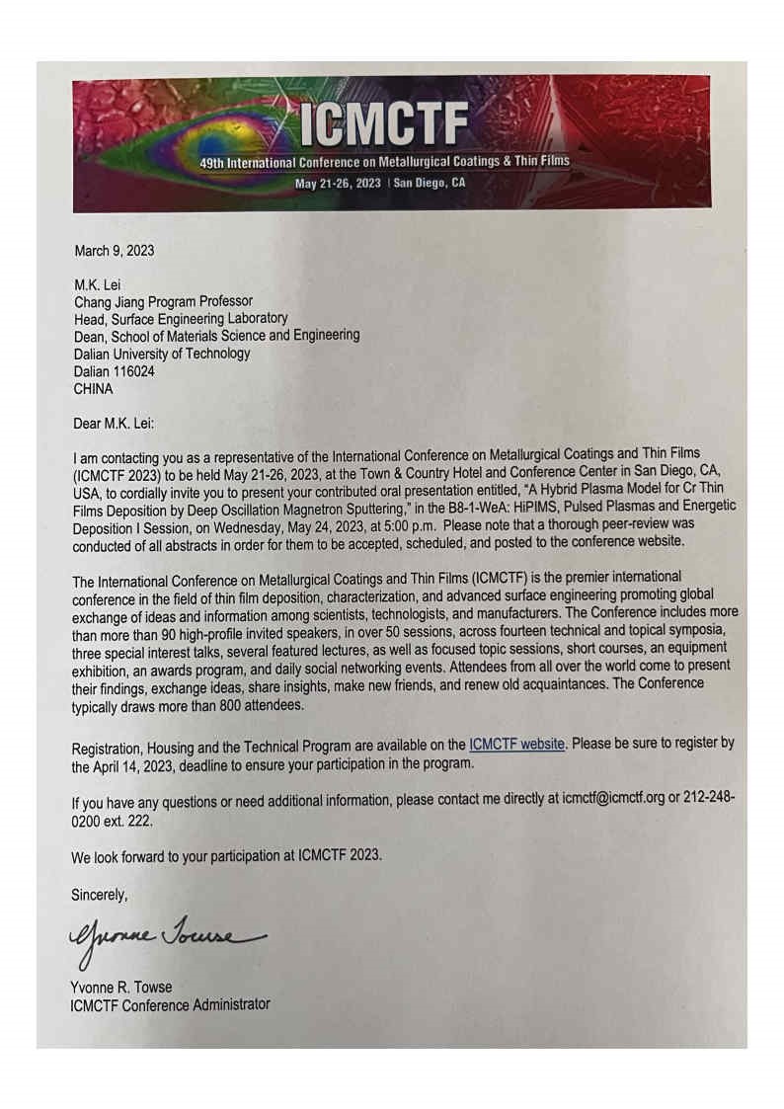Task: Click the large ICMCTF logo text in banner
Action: pyautogui.click(x=385, y=123)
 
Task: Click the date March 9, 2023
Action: pyautogui.click(x=115, y=250)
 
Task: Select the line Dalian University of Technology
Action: pyautogui.click(x=162, y=354)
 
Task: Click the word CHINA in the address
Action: pyautogui.click(x=95, y=388)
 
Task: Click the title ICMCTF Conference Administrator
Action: pyautogui.click(x=170, y=1004)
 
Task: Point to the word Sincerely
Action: pyautogui.click(x=101, y=896)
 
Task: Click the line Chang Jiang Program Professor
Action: pyautogui.click(x=163, y=302)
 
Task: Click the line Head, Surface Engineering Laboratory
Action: pyautogui.click(x=181, y=319)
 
